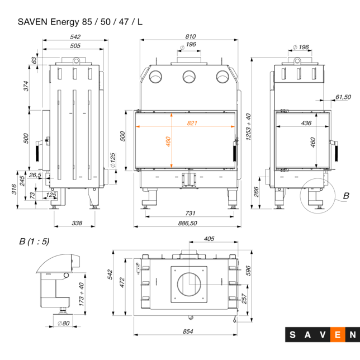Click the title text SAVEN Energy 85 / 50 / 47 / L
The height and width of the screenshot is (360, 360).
tap(80, 22)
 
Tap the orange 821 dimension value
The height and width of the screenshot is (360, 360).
tap(192, 122)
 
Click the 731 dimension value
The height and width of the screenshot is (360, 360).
tap(190, 214)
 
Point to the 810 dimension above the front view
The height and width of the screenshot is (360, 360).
tap(190, 36)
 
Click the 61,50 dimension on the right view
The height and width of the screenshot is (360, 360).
tap(343, 97)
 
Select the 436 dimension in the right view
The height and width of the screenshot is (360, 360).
tap(306, 122)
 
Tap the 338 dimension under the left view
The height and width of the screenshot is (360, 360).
tap(77, 223)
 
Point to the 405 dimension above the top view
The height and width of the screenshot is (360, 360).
tap(209, 239)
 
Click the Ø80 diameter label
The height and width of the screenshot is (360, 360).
tap(63, 323)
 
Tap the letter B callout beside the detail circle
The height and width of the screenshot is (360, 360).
tap(345, 196)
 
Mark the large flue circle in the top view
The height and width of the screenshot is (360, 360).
tap(191, 284)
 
